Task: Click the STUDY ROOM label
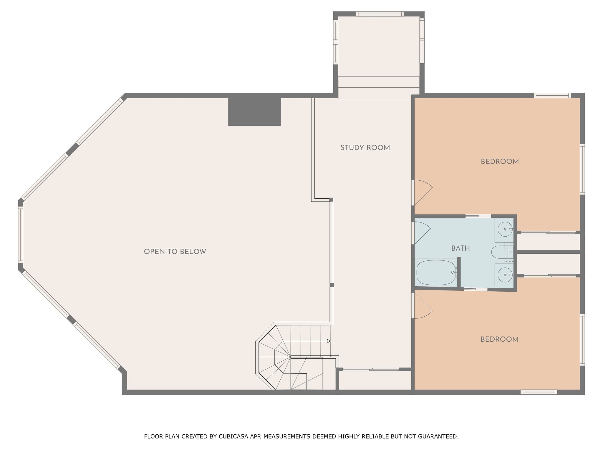[x=365, y=148]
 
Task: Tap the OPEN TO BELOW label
[x=175, y=252]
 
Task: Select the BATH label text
[x=460, y=248]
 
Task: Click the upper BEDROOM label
[x=500, y=162]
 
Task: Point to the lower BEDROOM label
[x=499, y=339]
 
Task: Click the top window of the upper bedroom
[x=552, y=95]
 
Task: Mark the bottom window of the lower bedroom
[x=539, y=392]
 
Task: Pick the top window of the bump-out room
[x=379, y=14]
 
